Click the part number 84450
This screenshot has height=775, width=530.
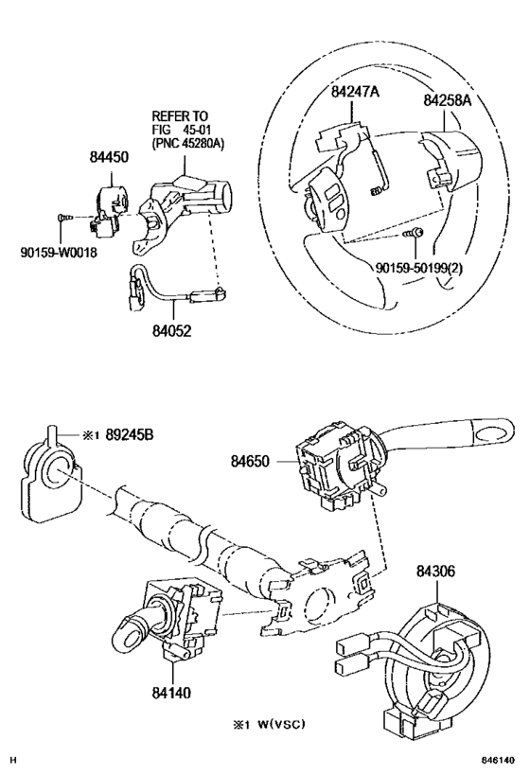[109, 157]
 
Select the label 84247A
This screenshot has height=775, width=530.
[356, 92]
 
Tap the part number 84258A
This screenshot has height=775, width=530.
[448, 100]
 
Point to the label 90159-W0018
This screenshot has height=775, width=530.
[59, 252]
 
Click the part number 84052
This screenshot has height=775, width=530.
[171, 330]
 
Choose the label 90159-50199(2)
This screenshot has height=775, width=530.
[419, 268]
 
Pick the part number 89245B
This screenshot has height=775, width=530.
[130, 435]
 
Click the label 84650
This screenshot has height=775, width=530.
[250, 461]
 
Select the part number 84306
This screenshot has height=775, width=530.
[435, 571]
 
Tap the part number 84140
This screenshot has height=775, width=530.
[171, 693]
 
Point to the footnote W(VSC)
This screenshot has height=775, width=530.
[282, 725]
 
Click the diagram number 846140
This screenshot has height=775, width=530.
[500, 760]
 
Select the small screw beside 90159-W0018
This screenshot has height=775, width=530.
[64, 217]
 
